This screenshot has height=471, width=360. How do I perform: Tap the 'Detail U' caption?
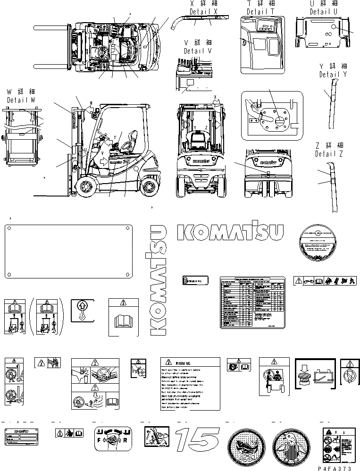[x=323, y=11]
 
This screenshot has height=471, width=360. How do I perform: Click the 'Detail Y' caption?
[x=333, y=75]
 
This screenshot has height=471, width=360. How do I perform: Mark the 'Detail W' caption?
[x=21, y=101]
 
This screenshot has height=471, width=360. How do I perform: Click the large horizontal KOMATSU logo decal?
[x=230, y=232]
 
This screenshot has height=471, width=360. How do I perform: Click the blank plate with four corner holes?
[x=67, y=252]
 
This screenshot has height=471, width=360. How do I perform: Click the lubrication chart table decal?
[x=251, y=303]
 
